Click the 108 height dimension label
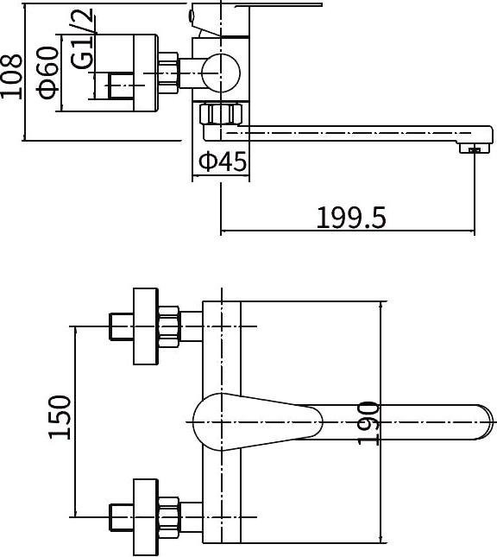point(11,76)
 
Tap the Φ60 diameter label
point(47,73)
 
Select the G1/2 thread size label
point(82,38)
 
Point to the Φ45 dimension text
point(223,161)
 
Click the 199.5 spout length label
point(350,218)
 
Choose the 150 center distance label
point(60,417)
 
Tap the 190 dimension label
point(368,423)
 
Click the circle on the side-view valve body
point(221,73)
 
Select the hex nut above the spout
point(221,114)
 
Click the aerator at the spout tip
point(475,149)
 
